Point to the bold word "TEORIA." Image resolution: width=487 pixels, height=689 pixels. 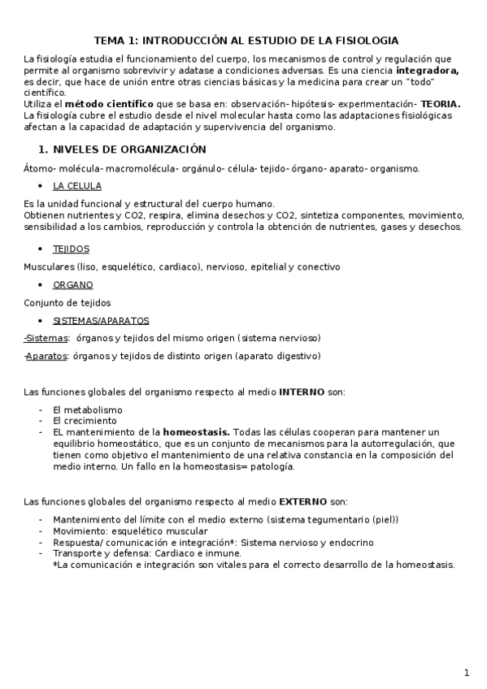[440, 104]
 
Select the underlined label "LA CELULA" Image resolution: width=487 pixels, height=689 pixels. [77, 186]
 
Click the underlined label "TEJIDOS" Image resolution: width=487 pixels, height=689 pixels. [71, 249]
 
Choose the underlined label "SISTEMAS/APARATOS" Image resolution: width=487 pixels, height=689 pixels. [101, 321]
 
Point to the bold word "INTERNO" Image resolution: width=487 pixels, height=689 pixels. [302, 392]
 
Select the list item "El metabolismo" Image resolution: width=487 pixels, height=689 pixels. [87, 410]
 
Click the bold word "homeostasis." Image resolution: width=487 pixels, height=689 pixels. [196, 432]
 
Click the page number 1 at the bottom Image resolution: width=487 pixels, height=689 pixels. [467, 673]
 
